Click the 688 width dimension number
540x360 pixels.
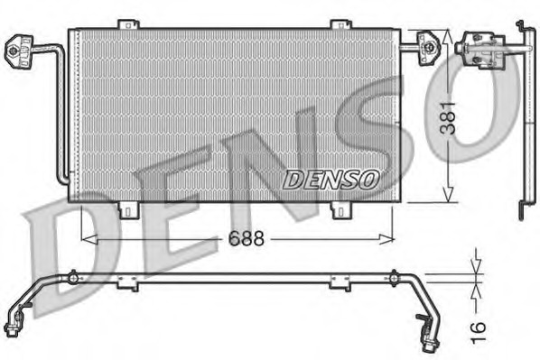click(x=247, y=238)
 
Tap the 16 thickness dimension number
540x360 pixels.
click(x=478, y=332)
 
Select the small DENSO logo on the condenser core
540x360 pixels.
click(x=331, y=180)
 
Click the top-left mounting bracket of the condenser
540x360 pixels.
click(x=128, y=24)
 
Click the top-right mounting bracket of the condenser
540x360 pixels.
click(x=340, y=24)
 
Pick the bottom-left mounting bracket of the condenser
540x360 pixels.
click(x=129, y=210)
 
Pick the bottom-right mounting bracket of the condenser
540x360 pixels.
click(x=341, y=210)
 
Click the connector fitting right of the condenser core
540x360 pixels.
click(x=429, y=48)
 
